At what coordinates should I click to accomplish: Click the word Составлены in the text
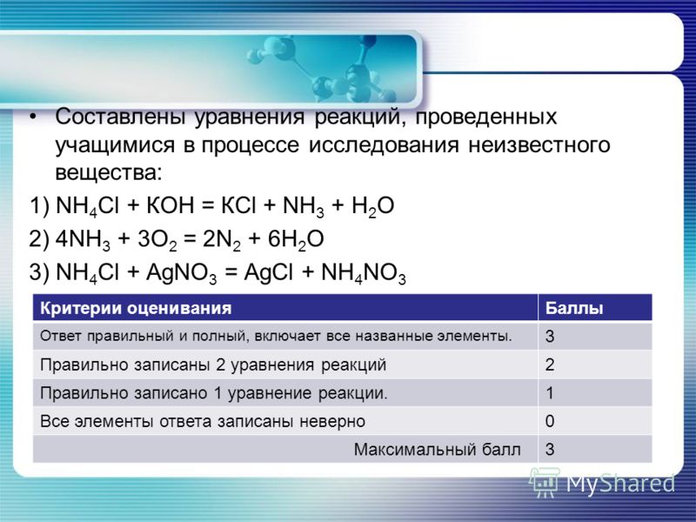click(x=120, y=117)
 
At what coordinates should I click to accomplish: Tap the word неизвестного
click(x=539, y=145)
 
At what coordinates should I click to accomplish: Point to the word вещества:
click(x=109, y=173)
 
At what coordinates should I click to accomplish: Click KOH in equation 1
click(x=171, y=205)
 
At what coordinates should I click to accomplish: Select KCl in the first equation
click(x=238, y=205)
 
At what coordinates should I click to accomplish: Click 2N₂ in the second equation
click(x=222, y=240)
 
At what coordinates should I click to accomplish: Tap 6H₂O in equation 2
click(x=296, y=240)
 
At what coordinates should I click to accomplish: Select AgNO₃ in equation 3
click(x=181, y=273)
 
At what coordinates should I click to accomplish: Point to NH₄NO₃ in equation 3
click(x=364, y=273)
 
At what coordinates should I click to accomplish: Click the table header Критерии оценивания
click(x=136, y=308)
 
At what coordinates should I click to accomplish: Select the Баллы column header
click(x=574, y=308)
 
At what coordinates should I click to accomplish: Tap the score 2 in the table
click(x=550, y=365)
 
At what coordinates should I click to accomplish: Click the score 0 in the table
click(x=550, y=421)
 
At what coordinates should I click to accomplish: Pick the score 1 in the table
click(x=550, y=393)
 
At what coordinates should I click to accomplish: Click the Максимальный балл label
click(x=438, y=449)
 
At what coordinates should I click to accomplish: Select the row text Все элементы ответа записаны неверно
click(x=203, y=421)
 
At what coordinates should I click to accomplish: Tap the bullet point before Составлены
click(x=32, y=117)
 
